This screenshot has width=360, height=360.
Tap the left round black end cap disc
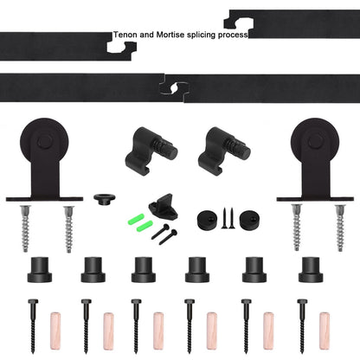click(x=209, y=216)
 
